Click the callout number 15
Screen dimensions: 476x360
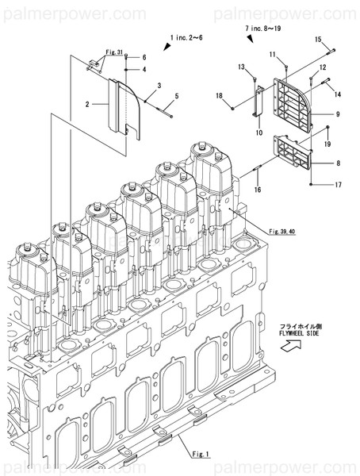click(x=317, y=39)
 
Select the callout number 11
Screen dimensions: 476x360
click(x=271, y=54)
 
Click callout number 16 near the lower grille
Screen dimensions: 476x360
click(x=258, y=190)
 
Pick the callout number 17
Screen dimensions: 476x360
click(x=338, y=186)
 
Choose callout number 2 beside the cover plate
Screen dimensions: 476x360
click(x=89, y=104)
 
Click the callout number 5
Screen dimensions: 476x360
click(x=177, y=97)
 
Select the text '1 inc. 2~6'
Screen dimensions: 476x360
click(x=188, y=37)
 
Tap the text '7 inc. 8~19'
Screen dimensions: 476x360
click(x=262, y=28)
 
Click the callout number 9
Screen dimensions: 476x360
click(x=338, y=115)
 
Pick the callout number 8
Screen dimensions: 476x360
click(x=338, y=163)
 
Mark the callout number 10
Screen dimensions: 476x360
click(x=259, y=132)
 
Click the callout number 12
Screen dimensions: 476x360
click(x=324, y=68)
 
